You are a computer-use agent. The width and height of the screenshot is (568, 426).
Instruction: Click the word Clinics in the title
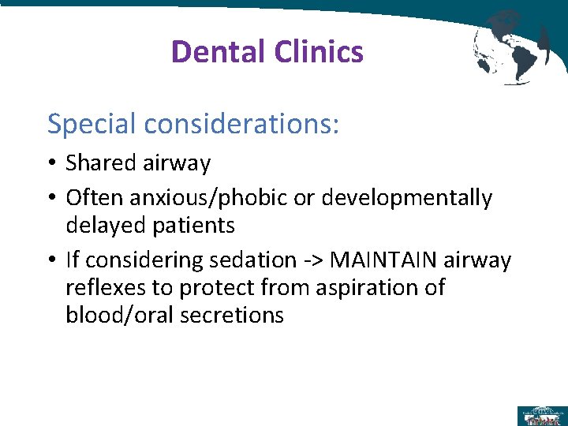319,52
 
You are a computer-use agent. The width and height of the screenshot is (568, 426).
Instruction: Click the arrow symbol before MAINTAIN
321,260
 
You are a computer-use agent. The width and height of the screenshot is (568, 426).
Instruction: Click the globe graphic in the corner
510,46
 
